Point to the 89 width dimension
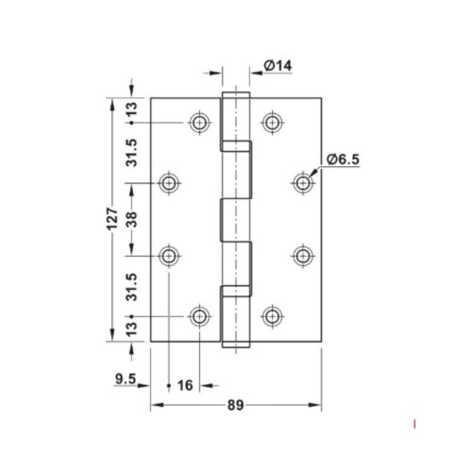point(235,406)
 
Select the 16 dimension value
point(185,385)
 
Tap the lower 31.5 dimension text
point(132,285)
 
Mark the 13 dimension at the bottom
point(132,329)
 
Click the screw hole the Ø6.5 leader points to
point(302,181)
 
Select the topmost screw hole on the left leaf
point(199,123)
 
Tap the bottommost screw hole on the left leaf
point(199,315)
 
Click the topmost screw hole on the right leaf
point(273,123)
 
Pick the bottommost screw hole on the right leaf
point(273,315)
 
